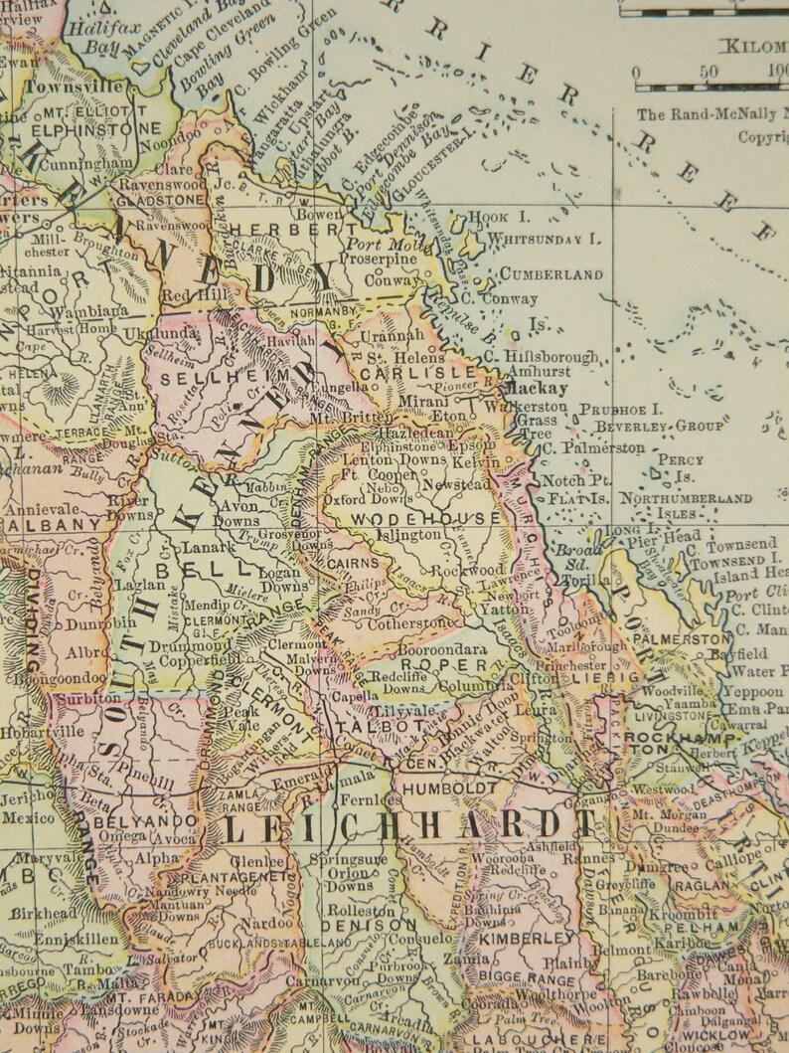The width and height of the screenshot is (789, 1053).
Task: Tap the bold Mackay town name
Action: point(536,389)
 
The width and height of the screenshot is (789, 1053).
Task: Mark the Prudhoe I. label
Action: point(621,409)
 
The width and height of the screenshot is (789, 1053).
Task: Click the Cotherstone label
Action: point(408,623)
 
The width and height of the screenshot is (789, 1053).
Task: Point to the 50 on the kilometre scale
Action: point(709,73)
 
